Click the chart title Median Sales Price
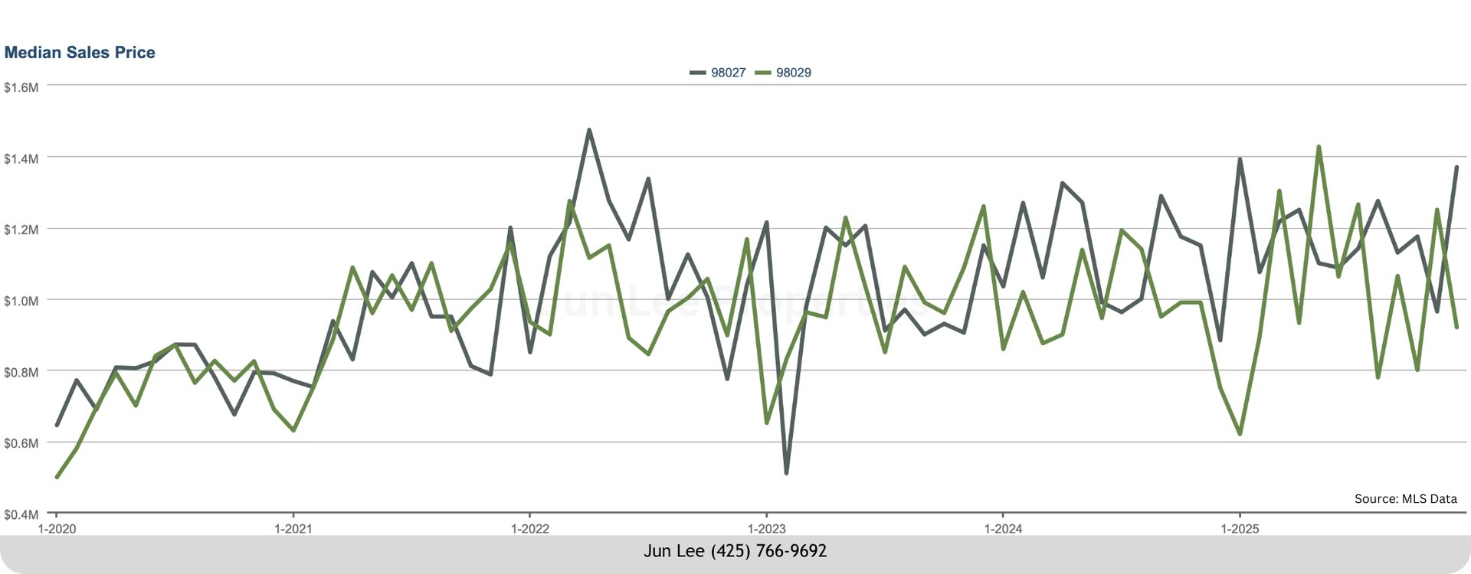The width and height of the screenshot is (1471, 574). [x=80, y=53]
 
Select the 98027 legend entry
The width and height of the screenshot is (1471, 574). [x=718, y=73]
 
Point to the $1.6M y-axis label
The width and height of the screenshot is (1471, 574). [x=21, y=88]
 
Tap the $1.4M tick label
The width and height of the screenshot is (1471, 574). [x=21, y=159]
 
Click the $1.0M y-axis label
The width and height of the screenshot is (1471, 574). [x=21, y=301]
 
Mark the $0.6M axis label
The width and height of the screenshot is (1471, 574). [x=21, y=443]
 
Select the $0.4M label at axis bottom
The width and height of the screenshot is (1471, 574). [x=21, y=514]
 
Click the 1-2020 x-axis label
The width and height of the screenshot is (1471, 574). [x=56, y=529]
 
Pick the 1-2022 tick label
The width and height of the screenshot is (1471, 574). [x=529, y=529]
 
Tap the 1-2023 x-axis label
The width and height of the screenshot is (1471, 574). [x=765, y=529]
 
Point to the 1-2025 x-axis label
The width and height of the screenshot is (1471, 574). [x=1239, y=529]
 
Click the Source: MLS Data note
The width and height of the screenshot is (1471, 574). [x=1405, y=499]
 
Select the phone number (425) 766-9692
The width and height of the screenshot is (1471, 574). [x=768, y=551]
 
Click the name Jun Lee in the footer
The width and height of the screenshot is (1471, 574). [x=673, y=551]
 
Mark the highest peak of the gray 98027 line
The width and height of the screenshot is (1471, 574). [x=588, y=130]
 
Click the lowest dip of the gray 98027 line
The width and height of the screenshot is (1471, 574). [x=786, y=473]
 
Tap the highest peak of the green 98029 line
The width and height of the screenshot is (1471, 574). [x=1319, y=147]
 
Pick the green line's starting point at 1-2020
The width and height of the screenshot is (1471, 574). [x=57, y=477]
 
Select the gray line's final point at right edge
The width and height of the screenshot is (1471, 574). [x=1456, y=167]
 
